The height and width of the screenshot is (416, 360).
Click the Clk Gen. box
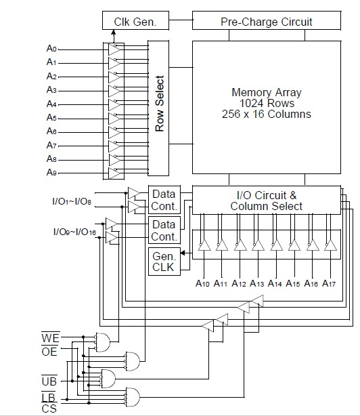point(135,20)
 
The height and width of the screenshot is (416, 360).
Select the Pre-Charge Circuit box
point(266,20)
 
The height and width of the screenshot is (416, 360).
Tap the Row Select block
point(158,108)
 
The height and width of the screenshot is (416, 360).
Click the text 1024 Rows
point(267,103)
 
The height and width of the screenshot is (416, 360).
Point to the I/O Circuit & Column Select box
point(266,200)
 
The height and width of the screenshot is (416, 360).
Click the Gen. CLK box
point(164,262)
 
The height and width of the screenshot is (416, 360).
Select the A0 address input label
point(51,48)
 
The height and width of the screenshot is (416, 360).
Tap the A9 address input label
point(51,173)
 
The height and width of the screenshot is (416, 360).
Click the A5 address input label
point(51,117)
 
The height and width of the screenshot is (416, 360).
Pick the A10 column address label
point(202,283)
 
